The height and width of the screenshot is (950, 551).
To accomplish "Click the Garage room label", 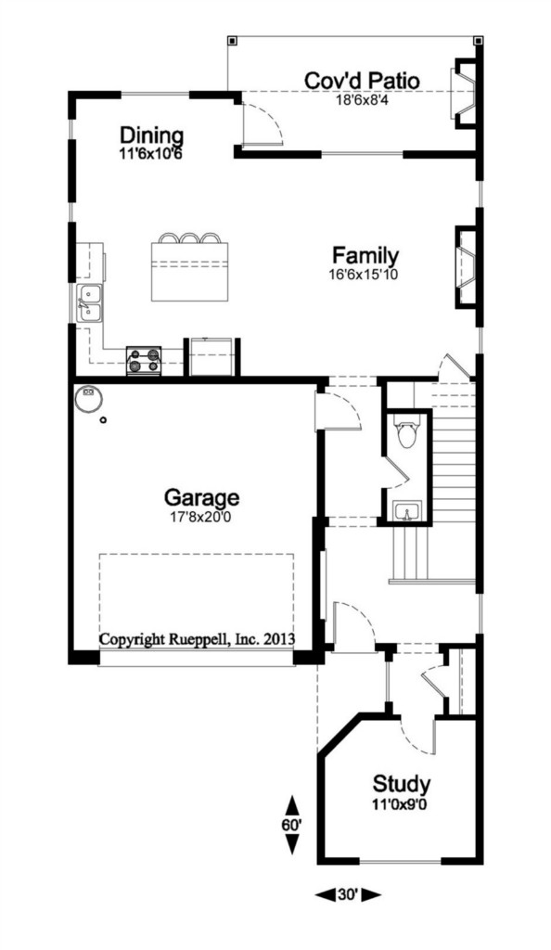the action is point(201,498).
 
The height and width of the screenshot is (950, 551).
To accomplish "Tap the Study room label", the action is point(402,784).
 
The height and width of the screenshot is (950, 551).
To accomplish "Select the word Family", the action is point(365,254).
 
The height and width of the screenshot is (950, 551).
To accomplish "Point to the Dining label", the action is point(151,135).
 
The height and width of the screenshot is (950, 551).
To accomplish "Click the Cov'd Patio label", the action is point(362,81).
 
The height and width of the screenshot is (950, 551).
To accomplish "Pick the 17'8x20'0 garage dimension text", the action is point(201,518).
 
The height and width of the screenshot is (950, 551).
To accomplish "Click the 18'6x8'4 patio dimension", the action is point(362,100).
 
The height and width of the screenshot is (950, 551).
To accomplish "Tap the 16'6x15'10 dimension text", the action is point(364,274).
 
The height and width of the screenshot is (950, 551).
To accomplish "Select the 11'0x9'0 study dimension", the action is point(402,804).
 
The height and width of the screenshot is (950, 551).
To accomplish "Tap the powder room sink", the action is point(407,512).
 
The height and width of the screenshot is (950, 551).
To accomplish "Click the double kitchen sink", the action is point(90,303).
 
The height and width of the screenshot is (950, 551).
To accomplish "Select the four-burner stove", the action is point(144,361).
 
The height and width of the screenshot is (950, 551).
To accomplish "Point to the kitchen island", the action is point(190,270).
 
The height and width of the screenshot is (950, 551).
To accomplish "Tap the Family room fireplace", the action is point(468,266).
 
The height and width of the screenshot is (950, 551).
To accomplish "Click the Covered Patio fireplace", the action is point(467,93).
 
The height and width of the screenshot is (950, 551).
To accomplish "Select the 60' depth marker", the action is point(292,825).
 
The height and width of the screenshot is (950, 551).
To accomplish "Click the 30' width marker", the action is point(348,894).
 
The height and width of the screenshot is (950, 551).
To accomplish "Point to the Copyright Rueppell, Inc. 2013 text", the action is point(197,638).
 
